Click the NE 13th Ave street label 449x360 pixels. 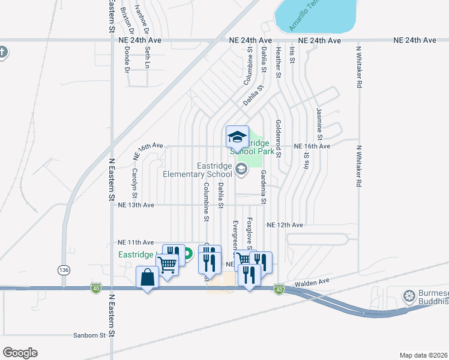click(x=137, y=205)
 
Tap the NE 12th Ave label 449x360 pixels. click(x=285, y=224)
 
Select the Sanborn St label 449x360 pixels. click(x=89, y=335)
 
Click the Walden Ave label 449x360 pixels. click(x=312, y=281)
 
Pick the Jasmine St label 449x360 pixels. click(x=319, y=121)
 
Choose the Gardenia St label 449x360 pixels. click(x=263, y=185)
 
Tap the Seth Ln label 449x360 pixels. click(x=147, y=58)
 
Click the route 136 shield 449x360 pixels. click(x=64, y=271)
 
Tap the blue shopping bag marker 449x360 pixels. click(x=148, y=278)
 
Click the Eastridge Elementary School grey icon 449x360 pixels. click(x=241, y=169)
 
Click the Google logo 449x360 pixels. click(x=20, y=353)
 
